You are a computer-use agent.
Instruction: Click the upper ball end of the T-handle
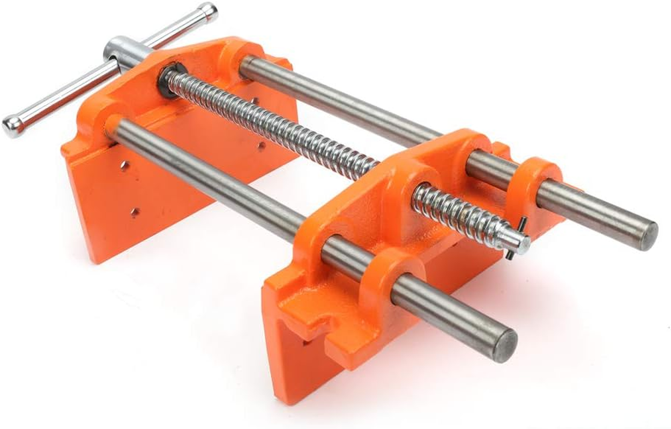(x=208, y=12)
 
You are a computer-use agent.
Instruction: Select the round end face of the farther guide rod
(x=649, y=235)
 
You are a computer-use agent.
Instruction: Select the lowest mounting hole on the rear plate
(x=135, y=212)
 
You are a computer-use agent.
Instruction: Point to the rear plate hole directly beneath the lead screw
(x=261, y=146)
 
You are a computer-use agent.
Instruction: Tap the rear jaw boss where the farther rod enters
(x=236, y=59)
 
